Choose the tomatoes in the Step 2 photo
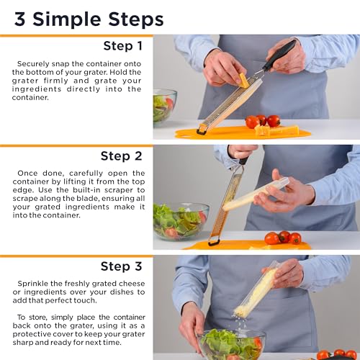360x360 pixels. coord(283,238)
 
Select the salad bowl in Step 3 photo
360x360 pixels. coord(230,346)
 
